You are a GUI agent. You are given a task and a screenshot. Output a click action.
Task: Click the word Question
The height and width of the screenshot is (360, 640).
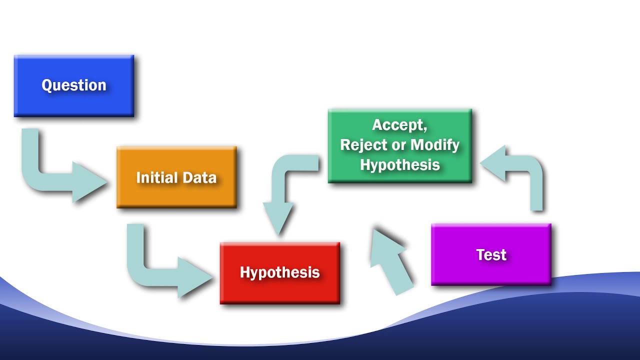point(74,85)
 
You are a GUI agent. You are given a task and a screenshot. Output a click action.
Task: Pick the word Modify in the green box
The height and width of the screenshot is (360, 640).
point(435,145)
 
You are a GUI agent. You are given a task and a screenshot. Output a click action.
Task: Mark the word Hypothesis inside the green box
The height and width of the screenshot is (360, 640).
point(400,165)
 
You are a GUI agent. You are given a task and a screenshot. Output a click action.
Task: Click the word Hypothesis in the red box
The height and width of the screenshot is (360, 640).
point(279,272)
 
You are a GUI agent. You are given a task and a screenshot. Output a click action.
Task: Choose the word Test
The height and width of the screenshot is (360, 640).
point(491,254)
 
